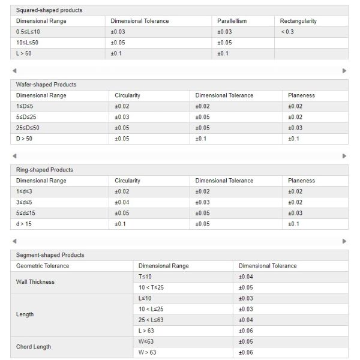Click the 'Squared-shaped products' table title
coord(49,10)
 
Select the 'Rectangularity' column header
coord(298,21)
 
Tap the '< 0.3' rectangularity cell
coord(287,32)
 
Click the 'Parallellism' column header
coord(232,21)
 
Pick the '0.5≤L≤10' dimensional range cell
coord(28,32)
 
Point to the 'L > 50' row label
coord(24,53)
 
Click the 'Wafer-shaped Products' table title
coord(46,85)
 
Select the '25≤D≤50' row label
coord(28,128)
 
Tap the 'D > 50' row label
coord(25,139)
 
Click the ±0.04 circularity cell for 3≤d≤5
coord(122,202)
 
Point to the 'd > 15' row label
coord(23,224)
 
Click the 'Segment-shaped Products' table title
coord(50,255)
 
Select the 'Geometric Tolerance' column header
coord(43,266)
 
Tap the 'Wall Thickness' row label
coord(35,282)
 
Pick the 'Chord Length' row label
coord(34,347)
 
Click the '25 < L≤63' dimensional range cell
coord(151,320)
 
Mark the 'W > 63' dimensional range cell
coord(148,352)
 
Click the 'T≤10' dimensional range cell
coord(146,277)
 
